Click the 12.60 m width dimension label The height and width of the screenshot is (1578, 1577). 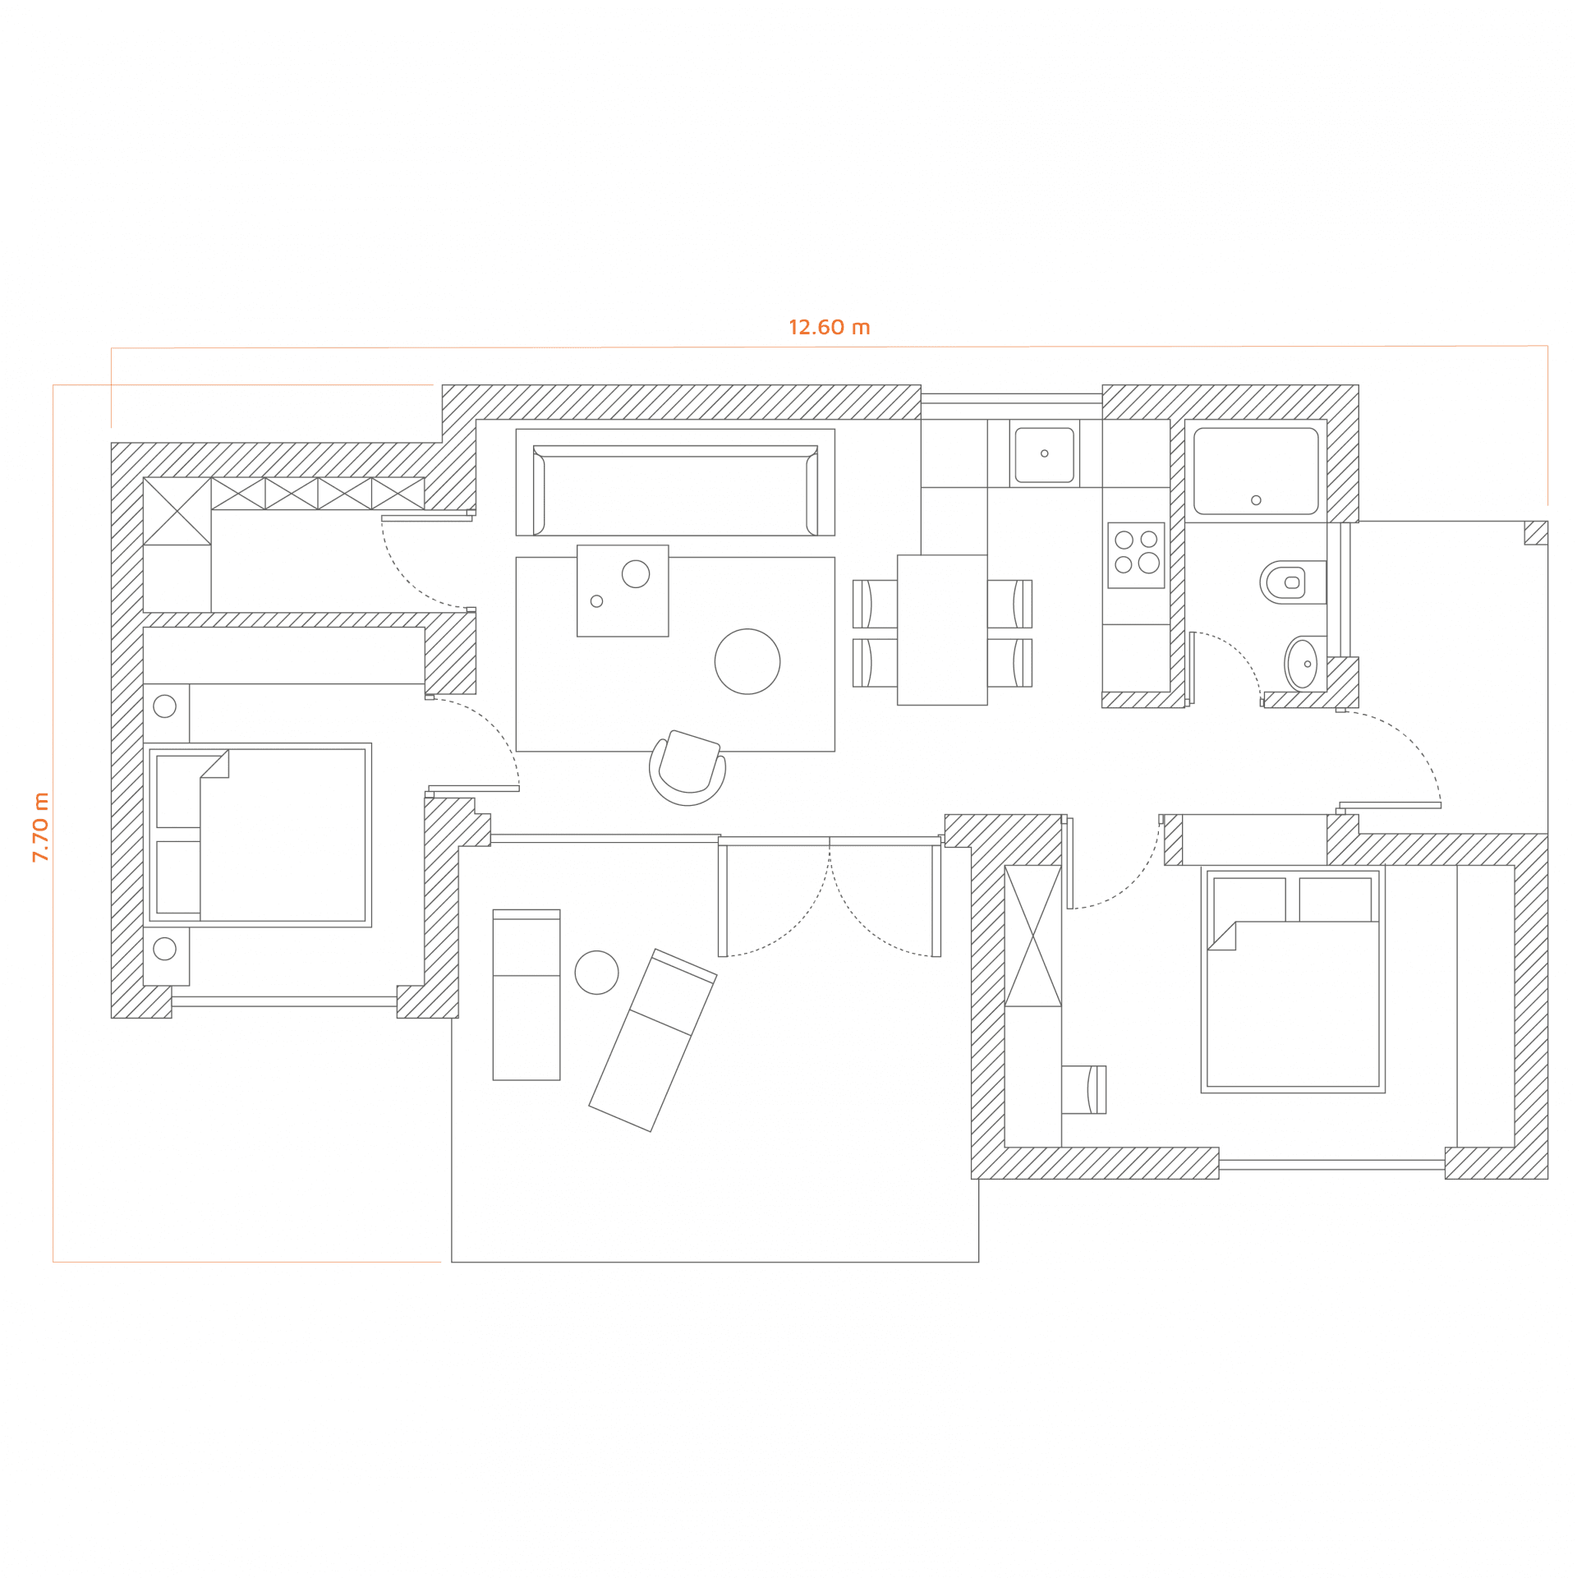coord(829,328)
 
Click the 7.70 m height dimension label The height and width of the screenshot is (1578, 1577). coord(40,826)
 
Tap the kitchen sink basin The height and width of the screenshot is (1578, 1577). coord(1044,454)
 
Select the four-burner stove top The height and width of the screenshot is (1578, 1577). coord(1136,555)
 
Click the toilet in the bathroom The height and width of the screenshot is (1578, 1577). coord(1293,582)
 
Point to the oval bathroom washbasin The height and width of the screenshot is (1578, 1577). coord(1303,664)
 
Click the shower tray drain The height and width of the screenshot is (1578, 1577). coord(1256,500)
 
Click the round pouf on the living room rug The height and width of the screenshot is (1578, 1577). coord(747,661)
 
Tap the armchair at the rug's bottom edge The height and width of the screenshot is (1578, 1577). coord(687,767)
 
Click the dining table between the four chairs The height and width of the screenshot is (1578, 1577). coord(942,629)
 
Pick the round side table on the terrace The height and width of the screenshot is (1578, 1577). coord(596,973)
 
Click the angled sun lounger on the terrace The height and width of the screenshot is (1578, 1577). coord(653,1040)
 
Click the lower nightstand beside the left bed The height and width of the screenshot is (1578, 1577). coord(166,955)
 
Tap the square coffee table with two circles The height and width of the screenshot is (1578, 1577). coord(623,591)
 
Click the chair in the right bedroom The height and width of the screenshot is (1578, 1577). coord(1083,1089)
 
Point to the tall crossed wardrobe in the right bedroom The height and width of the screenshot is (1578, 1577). coord(1032,936)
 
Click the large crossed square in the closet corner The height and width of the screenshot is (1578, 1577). coord(177,511)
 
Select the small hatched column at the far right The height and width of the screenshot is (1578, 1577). coord(1536,532)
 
